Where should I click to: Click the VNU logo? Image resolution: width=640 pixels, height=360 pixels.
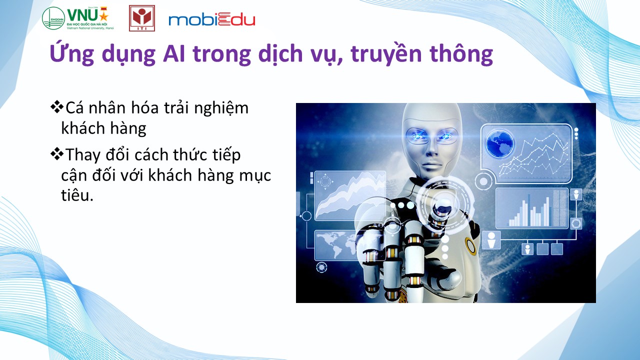coord(78,18)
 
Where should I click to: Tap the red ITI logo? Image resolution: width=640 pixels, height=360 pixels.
coord(142,18)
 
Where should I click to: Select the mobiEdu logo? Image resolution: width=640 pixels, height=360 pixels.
coord(211,19)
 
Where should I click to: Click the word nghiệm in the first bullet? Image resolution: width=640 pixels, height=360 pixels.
coord(221,109)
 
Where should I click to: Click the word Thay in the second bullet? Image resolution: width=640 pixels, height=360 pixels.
coord(83,155)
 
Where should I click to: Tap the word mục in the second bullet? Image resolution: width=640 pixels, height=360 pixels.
coord(255,175)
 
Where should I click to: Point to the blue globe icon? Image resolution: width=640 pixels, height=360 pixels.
coord(499,143)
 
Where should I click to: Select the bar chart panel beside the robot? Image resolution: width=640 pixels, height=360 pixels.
coord(532,208)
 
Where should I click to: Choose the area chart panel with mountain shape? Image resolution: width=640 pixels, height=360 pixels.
coord(350,195)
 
